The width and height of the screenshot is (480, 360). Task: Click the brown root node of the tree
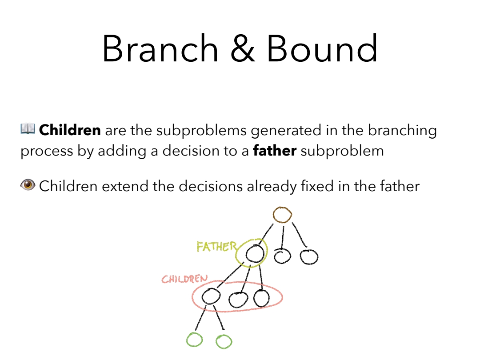282,208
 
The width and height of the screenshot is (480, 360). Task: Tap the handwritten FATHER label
217,247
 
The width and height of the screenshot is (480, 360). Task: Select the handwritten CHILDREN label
184,279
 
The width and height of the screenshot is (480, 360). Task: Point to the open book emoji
28,128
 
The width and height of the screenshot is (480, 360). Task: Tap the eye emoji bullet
28,185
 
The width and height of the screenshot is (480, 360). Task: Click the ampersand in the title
243,49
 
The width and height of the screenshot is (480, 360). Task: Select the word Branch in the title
160,48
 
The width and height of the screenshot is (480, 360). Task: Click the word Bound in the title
322,48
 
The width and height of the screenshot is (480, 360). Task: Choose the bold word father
275,151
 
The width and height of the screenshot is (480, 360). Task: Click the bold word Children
70,130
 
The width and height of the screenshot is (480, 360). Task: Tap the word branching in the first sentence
402,131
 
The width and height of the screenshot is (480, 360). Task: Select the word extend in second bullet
125,186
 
